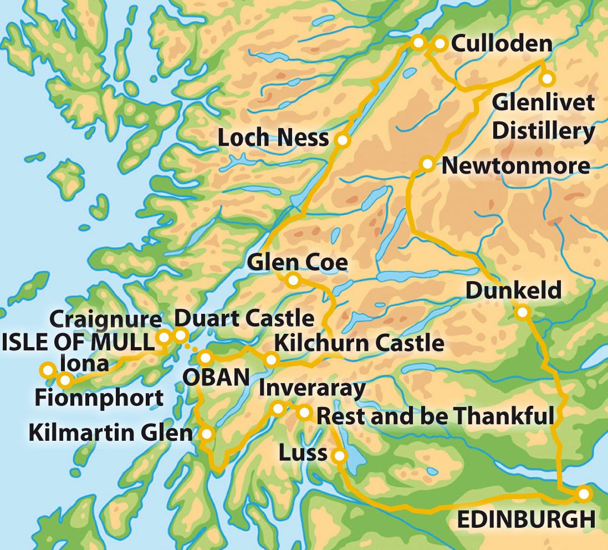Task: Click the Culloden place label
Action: point(502,44)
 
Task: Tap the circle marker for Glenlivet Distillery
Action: point(547,79)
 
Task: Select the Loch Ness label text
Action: point(273,138)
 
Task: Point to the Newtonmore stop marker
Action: point(427,164)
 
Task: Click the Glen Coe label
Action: point(298,262)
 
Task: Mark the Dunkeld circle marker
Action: point(522,312)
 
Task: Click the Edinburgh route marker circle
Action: point(584,493)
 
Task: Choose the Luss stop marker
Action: point(339,456)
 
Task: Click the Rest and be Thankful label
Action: point(435,416)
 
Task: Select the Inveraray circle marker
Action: point(278,409)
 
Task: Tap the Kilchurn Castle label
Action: point(359,343)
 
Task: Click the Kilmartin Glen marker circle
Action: point(207,434)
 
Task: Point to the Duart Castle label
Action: point(244,319)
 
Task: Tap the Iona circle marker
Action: point(48,369)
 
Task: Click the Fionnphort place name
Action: point(99,397)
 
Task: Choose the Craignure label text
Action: point(105,319)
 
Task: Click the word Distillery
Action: point(543,131)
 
